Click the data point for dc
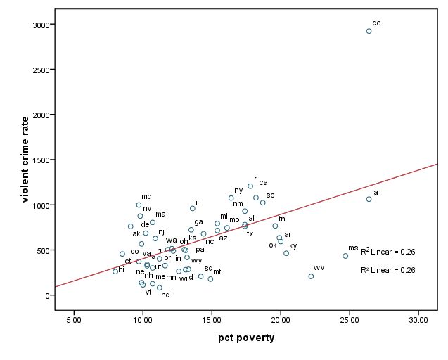point(369,31)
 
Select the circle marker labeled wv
point(311,276)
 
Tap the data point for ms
point(345,256)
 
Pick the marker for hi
point(115,271)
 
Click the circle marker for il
point(193,208)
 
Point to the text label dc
point(376,22)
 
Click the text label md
point(146,197)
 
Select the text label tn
point(281,219)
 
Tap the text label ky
point(293,245)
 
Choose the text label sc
point(270,195)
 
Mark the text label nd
point(165,295)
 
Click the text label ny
point(238,190)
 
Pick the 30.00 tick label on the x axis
point(418,320)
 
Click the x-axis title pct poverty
point(246,338)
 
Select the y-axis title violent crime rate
point(25,160)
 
